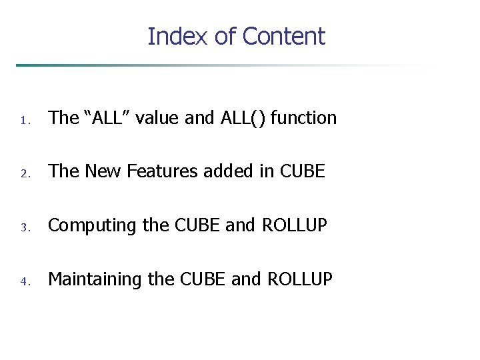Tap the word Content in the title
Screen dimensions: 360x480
tap(283, 36)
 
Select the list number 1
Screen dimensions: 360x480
tap(23, 121)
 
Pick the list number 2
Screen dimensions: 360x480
tap(23, 174)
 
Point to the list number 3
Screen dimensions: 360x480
tap(23, 228)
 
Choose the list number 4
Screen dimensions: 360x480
tap(23, 281)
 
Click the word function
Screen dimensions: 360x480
tap(305, 118)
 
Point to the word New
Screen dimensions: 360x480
tap(99, 171)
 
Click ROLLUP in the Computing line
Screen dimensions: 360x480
tap(295, 225)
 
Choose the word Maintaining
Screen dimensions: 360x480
tap(95, 279)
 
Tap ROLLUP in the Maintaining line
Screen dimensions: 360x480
tap(299, 279)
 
